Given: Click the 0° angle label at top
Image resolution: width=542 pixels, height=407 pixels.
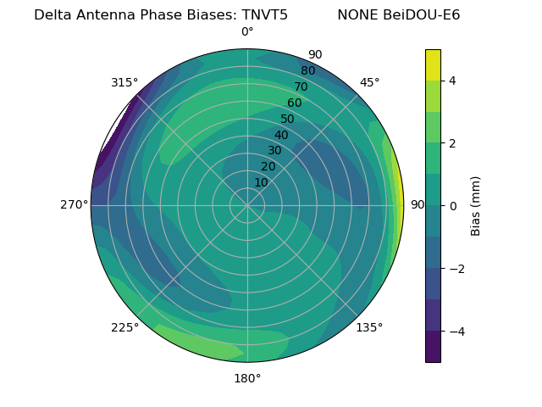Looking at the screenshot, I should pyautogui.click(x=247, y=32).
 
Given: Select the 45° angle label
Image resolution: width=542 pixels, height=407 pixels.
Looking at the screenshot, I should pyautogui.click(x=369, y=82).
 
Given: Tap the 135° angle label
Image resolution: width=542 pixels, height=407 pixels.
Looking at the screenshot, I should pyautogui.click(x=369, y=327).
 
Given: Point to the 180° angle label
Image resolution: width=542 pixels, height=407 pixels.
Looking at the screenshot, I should pyautogui.click(x=247, y=378).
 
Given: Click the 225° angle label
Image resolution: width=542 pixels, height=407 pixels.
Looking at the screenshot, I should pyautogui.click(x=124, y=327).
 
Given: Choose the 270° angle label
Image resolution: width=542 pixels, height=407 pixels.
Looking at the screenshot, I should pyautogui.click(x=74, y=204).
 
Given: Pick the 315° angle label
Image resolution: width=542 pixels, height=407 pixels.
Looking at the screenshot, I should pyautogui.click(x=124, y=82).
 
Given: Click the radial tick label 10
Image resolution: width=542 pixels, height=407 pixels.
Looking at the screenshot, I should pyautogui.click(x=261, y=182).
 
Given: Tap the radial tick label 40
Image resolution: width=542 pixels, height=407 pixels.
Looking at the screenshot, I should pyautogui.click(x=281, y=135).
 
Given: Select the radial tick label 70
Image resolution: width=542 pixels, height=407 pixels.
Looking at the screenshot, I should pyautogui.click(x=301, y=86).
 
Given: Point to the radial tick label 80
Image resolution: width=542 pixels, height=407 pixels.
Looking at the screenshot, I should pyautogui.click(x=307, y=70).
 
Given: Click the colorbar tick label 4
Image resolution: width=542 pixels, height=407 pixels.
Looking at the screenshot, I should pyautogui.click(x=452, y=81).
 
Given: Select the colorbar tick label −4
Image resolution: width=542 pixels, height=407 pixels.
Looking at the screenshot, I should pyautogui.click(x=456, y=331).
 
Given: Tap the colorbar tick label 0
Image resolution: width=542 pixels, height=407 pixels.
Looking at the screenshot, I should pyautogui.click(x=452, y=205).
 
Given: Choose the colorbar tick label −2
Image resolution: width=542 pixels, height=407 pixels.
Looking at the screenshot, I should pyautogui.click(x=456, y=268).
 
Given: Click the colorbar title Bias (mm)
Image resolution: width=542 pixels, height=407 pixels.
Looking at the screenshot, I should pyautogui.click(x=476, y=205).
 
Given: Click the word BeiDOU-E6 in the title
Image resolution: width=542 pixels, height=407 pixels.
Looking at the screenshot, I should pyautogui.click(x=423, y=15).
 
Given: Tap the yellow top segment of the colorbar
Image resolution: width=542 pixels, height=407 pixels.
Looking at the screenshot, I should pyautogui.click(x=433, y=64).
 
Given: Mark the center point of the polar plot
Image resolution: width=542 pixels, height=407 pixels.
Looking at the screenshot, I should pyautogui.click(x=247, y=205).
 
